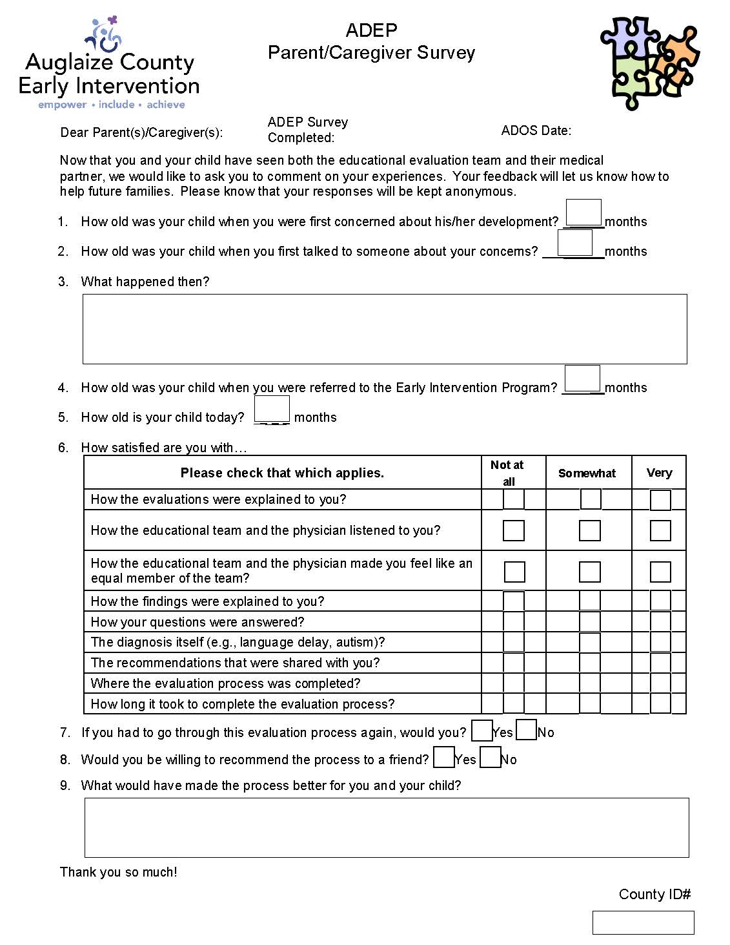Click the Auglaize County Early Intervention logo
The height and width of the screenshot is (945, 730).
coord(108,63)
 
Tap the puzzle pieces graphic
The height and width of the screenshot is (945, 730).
coord(649,62)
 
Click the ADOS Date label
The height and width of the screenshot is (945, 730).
coord(536,130)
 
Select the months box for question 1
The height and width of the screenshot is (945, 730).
coord(583,213)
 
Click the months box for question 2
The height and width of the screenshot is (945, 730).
coord(574,243)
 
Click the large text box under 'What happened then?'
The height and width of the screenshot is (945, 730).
coord(385,329)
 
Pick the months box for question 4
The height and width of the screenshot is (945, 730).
coord(582,379)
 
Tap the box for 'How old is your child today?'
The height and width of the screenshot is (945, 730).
coord(272,409)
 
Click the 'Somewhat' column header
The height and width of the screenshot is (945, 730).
coord(587,473)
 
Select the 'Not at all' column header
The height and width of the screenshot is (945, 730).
coord(508,473)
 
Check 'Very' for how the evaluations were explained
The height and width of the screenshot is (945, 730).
coord(660,500)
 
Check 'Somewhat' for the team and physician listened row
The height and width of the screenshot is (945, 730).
coord(590,531)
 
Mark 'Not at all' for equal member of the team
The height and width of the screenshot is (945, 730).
coord(514,572)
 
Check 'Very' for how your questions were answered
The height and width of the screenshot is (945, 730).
coord(660,621)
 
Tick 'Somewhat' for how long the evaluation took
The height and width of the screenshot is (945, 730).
coord(590,703)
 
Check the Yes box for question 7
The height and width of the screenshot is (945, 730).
coord(482,731)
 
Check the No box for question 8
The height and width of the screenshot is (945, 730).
coord(491,758)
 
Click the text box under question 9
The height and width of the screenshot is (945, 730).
coord(387,827)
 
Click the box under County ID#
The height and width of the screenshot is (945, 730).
coord(643,922)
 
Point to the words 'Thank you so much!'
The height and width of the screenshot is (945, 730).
coord(119,872)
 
